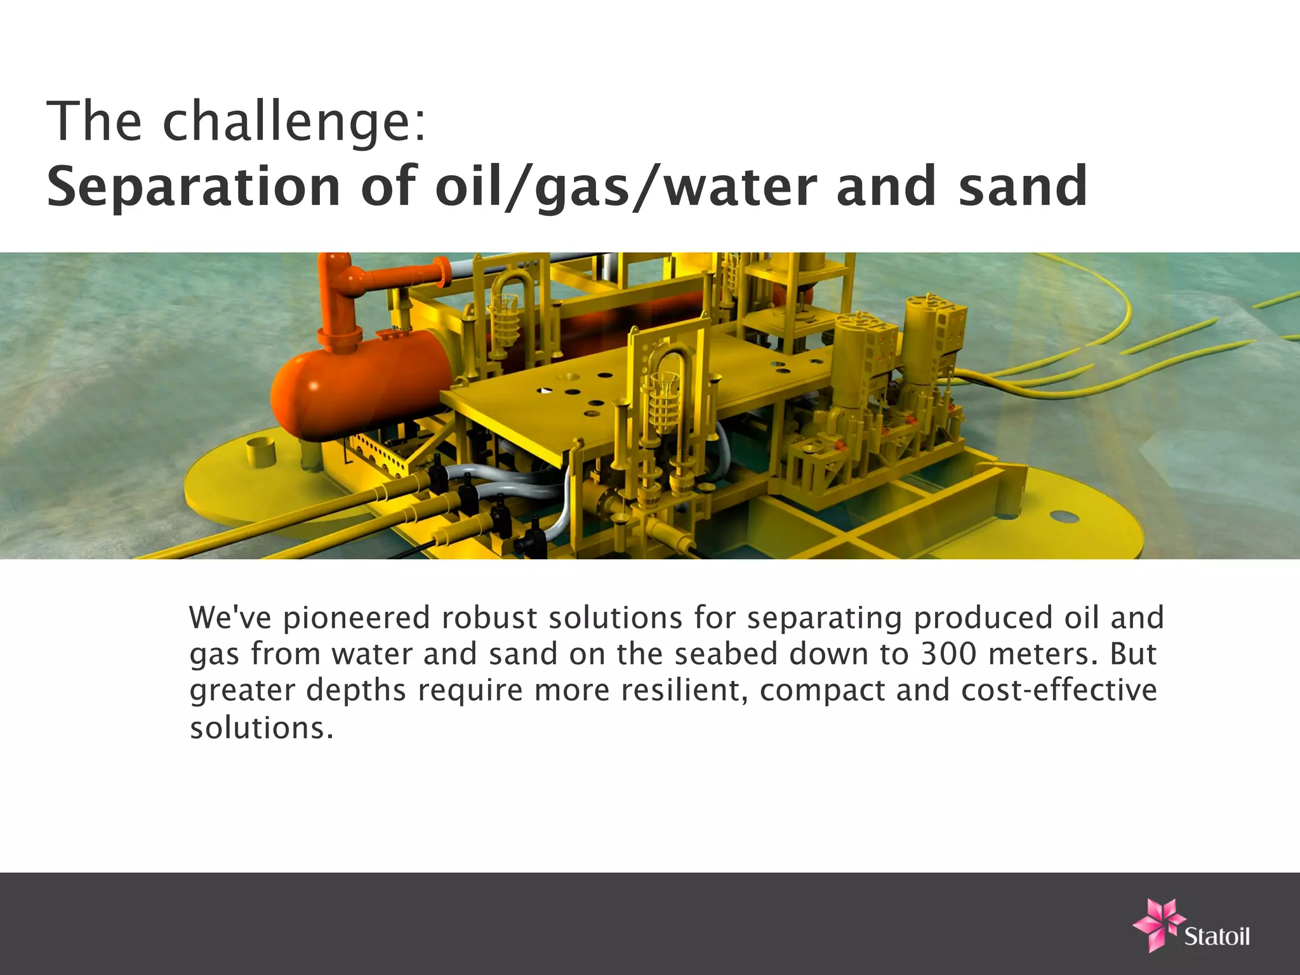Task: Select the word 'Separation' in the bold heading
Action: (x=194, y=187)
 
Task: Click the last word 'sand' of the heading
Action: (x=1023, y=187)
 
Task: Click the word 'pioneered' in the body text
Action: (x=356, y=618)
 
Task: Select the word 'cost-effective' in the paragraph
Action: (x=1059, y=690)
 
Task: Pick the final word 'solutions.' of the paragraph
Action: (x=261, y=727)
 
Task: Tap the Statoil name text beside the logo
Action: (x=1217, y=936)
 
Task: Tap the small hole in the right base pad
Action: (x=1068, y=519)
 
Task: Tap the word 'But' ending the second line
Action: (x=1132, y=654)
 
